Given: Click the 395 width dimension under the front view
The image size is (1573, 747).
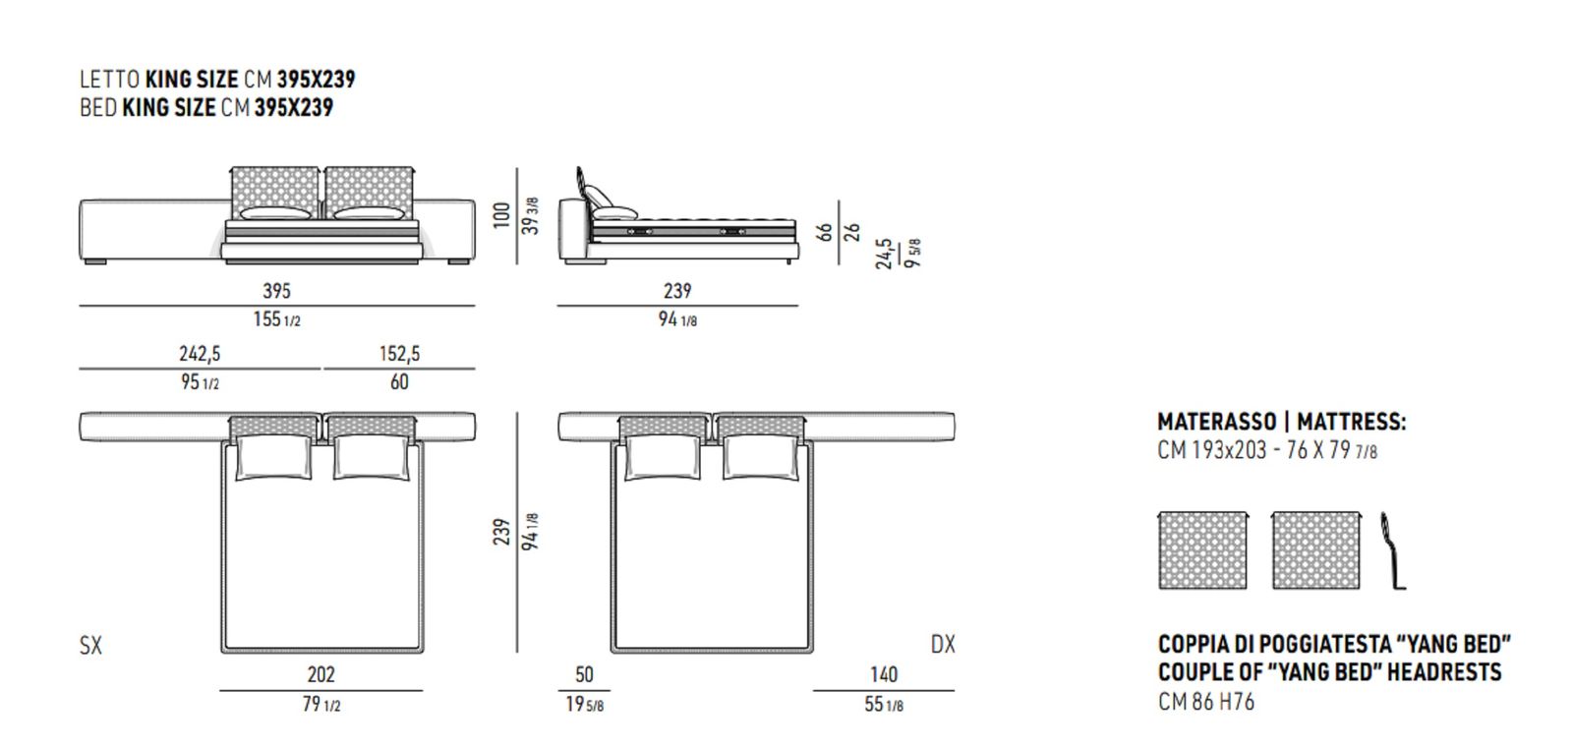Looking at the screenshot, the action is (276, 291).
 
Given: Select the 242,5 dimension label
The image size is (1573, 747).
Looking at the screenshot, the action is (200, 353).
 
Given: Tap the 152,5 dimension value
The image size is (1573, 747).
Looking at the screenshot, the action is (399, 353).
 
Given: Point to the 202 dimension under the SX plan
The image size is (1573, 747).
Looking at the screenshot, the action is (320, 674).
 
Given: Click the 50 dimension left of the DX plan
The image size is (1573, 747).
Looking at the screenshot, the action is (584, 674).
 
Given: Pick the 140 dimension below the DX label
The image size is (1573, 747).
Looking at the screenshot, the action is (884, 674).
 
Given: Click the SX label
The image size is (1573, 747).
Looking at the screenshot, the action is (90, 645).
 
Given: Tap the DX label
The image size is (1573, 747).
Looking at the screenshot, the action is (943, 645).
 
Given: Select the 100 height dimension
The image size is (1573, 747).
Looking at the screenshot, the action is (501, 216).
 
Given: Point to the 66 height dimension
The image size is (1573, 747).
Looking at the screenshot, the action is (825, 232).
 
